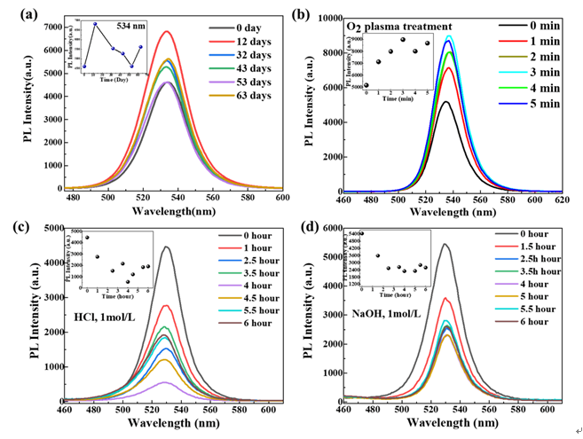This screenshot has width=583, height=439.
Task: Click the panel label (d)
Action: tap(309, 224)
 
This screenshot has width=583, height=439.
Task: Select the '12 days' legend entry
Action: tap(245, 42)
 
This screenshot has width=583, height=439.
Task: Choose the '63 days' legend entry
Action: tap(245, 100)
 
